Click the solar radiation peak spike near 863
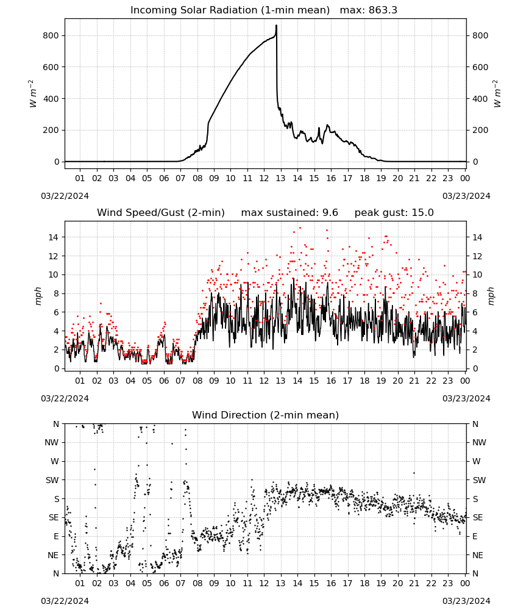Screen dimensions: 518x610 [x=276, y=26]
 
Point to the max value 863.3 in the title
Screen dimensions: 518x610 [x=383, y=10]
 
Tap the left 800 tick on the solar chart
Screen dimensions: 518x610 [x=51, y=35]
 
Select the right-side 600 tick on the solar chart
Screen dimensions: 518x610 [x=480, y=67]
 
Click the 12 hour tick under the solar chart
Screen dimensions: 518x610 [x=264, y=178]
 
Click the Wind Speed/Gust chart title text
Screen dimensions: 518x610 [x=160, y=213]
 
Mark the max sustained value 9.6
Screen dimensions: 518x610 [x=330, y=213]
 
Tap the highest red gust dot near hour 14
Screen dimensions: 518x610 [x=300, y=228]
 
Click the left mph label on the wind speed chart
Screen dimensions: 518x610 [x=38, y=296]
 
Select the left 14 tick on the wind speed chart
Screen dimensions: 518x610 [x=54, y=237]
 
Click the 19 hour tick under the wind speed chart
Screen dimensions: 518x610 [x=381, y=381]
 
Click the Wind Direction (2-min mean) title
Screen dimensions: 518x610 [x=266, y=415]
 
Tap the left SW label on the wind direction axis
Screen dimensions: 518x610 [x=52, y=480]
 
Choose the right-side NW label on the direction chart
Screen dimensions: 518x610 [x=479, y=442]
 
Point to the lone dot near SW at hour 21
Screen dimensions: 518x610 [x=414, y=473]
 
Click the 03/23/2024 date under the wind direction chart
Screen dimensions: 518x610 [x=466, y=601]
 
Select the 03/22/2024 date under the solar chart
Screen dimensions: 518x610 [x=65, y=196]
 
